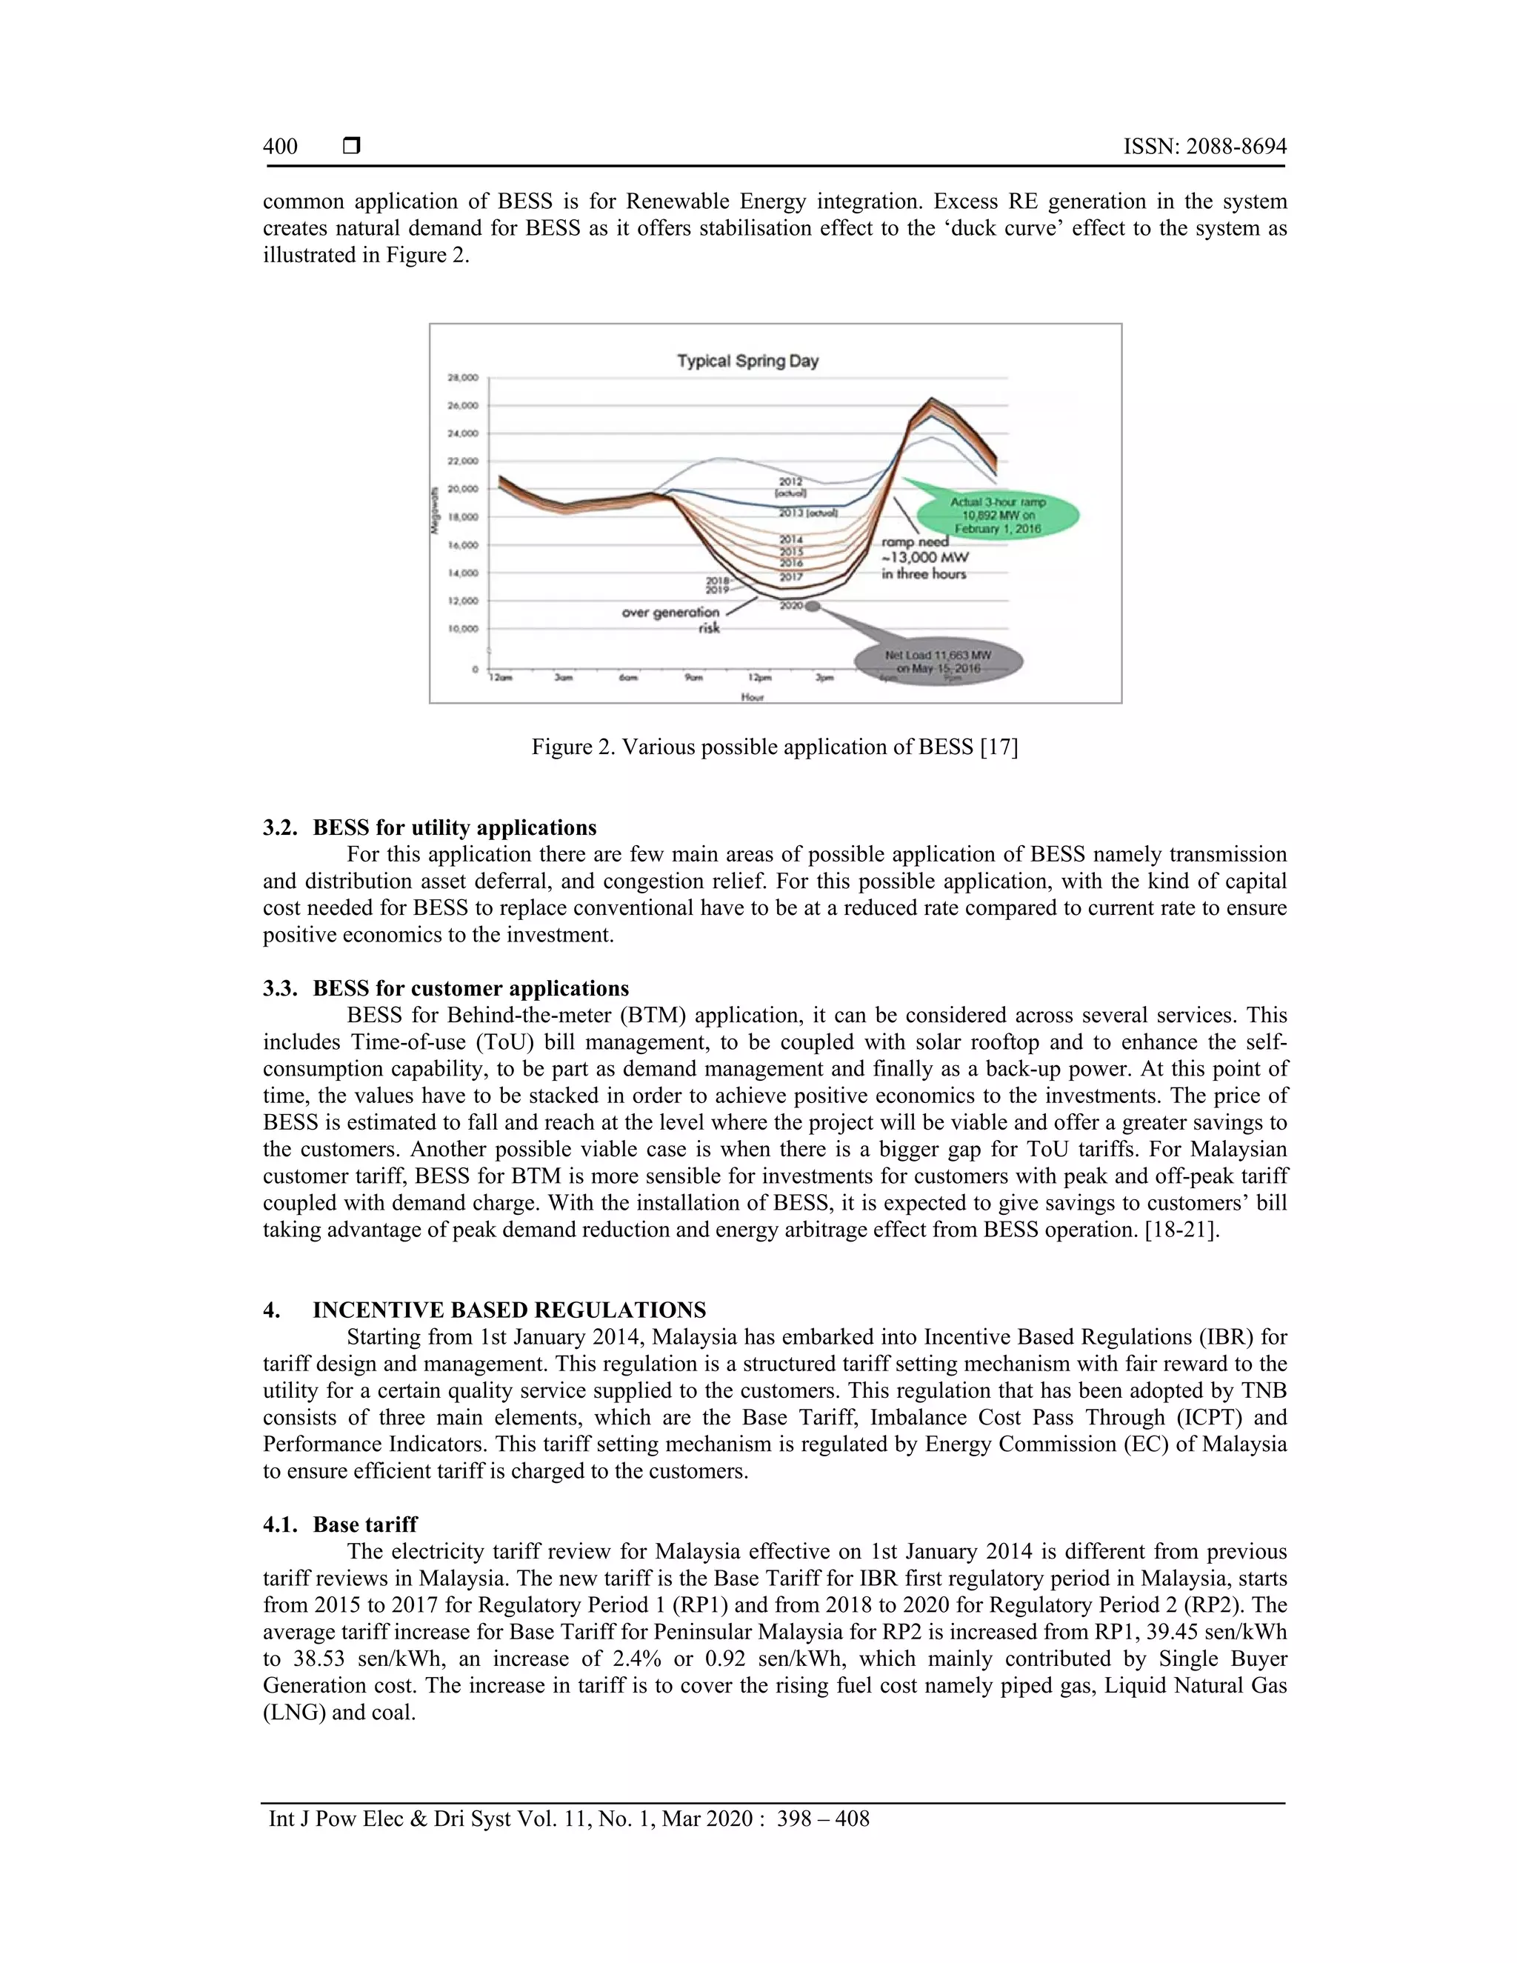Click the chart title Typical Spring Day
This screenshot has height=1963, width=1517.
pos(747,361)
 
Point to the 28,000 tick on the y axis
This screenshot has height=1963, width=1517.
pos(464,379)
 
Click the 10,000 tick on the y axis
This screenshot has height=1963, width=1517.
pos(464,628)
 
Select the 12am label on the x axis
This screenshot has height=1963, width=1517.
pos(500,679)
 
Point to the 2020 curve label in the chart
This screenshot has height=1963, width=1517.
pos(791,606)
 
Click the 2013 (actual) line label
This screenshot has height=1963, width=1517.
pos(808,513)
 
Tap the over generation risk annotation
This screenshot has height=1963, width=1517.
pos(673,619)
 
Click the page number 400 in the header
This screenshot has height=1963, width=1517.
pos(281,147)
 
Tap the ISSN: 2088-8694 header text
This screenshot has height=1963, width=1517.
pos(1204,147)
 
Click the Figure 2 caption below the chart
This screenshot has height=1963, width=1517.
pos(774,747)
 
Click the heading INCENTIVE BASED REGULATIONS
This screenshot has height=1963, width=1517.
pos(509,1310)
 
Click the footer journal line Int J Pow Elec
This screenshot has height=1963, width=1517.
pos(569,1819)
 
